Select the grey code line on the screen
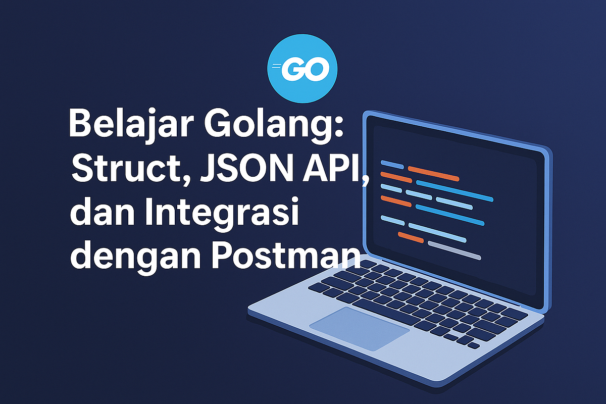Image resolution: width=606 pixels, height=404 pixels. click(x=454, y=250)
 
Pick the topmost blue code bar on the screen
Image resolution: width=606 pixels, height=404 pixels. click(x=392, y=164)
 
